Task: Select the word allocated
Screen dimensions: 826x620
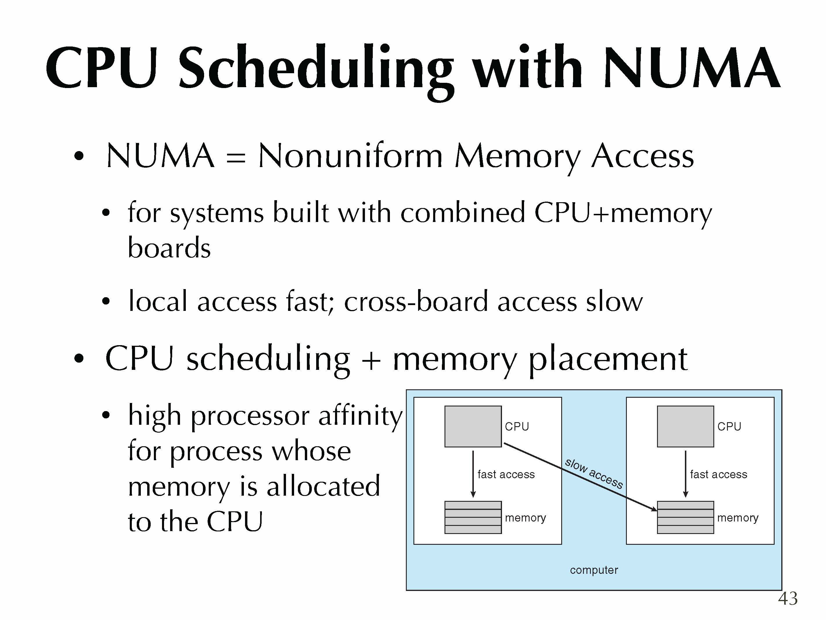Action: coord(323,485)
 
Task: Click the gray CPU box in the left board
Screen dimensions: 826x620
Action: coord(473,427)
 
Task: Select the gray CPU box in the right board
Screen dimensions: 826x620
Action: coord(685,427)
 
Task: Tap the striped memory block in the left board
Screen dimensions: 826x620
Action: coord(473,517)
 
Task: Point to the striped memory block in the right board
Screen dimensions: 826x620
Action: coord(685,517)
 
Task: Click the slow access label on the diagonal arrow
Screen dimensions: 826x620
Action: coord(594,473)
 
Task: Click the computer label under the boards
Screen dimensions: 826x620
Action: coord(594,570)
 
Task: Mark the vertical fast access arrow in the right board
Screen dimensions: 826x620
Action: coord(685,474)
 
